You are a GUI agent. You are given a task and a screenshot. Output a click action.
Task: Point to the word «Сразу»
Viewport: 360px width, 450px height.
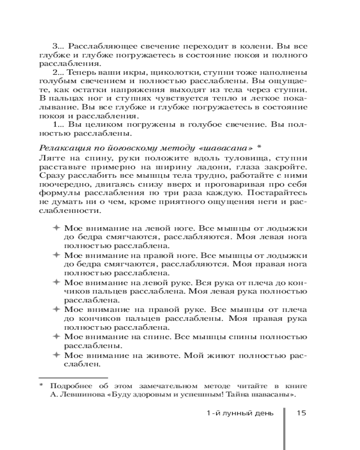[52, 175]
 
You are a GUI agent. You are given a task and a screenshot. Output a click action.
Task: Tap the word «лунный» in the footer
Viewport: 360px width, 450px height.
[236, 414]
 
